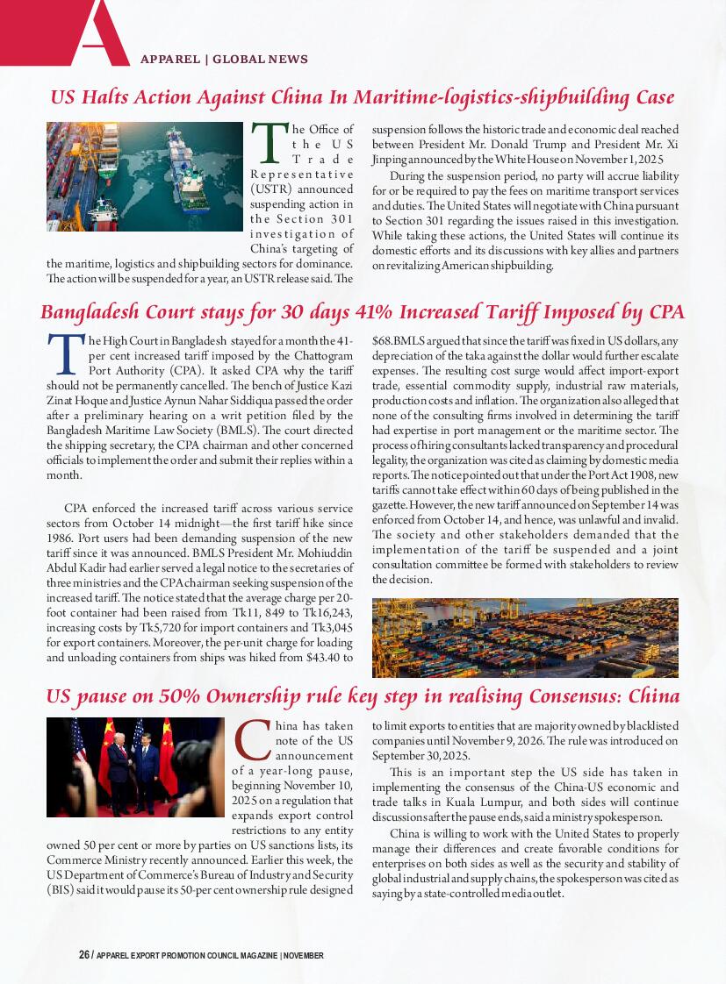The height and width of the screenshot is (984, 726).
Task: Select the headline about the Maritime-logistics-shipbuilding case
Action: (x=362, y=96)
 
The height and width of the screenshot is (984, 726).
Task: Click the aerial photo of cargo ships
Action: (x=144, y=176)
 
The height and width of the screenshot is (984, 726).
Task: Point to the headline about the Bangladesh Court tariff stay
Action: (x=362, y=312)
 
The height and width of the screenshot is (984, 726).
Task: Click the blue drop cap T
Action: (x=66, y=353)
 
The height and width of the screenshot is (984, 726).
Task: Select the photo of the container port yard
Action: (x=525, y=638)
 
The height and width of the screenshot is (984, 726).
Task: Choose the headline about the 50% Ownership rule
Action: (x=362, y=697)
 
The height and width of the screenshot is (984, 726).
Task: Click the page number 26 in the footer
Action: (x=84, y=955)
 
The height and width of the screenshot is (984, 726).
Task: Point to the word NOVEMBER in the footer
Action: (x=304, y=955)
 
